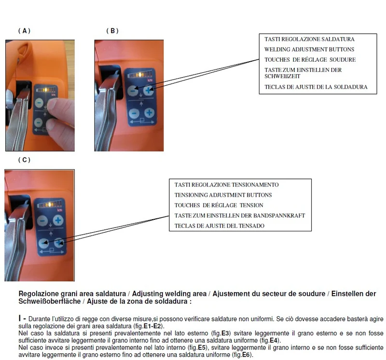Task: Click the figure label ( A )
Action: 25,31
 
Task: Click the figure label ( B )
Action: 112,31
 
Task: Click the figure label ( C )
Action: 25,160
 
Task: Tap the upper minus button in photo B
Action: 133,91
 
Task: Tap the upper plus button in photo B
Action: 148,91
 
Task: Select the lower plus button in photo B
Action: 149,113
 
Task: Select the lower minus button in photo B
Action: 134,113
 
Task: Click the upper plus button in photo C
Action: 58,220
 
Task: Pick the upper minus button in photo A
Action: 39,102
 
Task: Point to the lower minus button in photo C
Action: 43,243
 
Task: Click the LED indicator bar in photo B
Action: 139,74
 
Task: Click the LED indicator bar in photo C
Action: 50,204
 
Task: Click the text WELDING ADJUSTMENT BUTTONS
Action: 309,50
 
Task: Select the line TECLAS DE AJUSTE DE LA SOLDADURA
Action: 316,87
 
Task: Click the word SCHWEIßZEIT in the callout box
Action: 282,76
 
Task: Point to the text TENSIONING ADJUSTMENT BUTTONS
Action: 223,195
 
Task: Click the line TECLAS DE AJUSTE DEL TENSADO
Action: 220,226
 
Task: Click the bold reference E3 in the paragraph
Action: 225,333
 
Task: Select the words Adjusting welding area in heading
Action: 169,293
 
